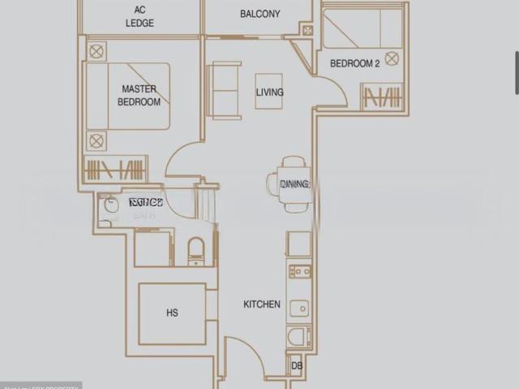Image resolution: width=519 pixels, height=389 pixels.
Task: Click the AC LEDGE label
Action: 139,17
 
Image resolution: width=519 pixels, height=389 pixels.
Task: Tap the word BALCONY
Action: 260,14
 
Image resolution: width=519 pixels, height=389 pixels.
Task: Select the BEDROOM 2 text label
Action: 354,63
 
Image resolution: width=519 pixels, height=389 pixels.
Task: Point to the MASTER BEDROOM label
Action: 139,96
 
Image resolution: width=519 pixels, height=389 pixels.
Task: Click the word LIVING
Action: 269,92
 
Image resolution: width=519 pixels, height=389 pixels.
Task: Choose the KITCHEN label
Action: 262,305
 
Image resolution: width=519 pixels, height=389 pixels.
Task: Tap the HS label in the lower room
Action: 172,313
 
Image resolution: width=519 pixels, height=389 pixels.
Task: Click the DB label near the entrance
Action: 296,366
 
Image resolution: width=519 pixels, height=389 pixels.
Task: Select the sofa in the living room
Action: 222,90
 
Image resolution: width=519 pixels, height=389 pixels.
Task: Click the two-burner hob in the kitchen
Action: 299,271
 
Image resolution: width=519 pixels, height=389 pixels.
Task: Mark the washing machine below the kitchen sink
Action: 298,337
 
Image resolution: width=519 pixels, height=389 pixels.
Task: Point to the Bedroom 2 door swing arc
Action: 332,89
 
